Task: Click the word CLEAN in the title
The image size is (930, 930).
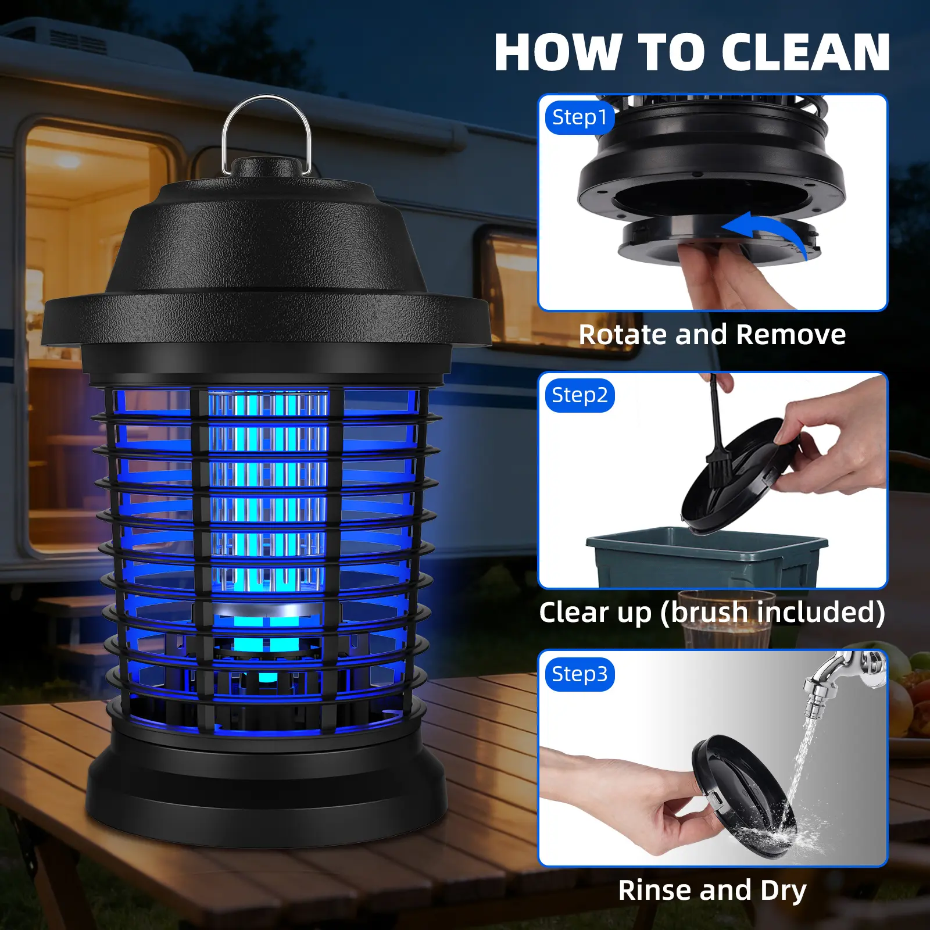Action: [806, 52]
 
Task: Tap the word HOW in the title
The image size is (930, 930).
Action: [558, 52]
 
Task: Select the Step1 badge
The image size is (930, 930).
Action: [580, 117]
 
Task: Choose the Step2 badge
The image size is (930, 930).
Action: [580, 395]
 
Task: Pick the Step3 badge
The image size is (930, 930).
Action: [580, 674]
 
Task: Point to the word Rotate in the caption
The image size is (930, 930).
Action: [623, 335]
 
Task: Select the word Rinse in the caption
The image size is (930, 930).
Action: [656, 890]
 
